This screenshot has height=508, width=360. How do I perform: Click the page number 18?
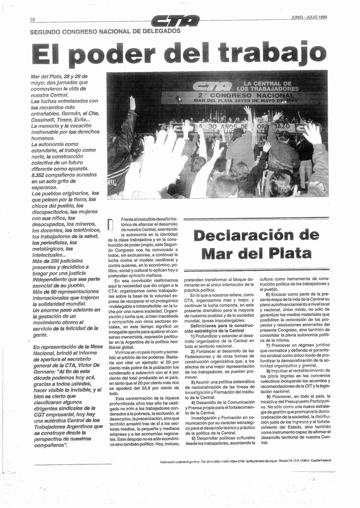click(32, 19)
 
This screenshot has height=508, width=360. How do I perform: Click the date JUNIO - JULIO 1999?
click(309, 17)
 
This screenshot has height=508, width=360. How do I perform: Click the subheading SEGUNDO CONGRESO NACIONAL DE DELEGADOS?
click(105, 31)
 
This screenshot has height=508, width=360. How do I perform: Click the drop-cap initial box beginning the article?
click(111, 225)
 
